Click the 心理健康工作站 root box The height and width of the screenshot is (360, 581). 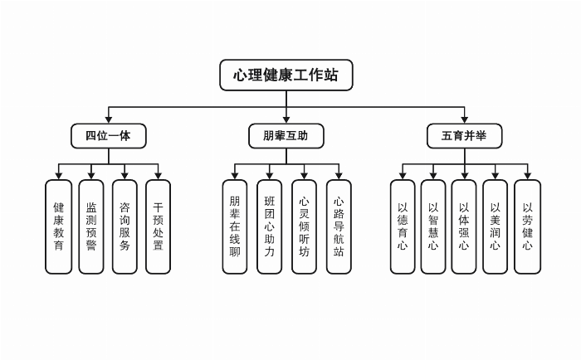coord(286,75)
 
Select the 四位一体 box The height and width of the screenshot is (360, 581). coord(109,135)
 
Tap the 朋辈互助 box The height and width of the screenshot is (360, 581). coord(286,135)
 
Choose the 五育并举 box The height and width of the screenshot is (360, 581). coord(464,135)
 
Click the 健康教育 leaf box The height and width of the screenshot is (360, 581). coord(59,226)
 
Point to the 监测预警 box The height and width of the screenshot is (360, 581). coord(91,226)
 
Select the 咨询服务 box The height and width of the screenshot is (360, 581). coord(124,226)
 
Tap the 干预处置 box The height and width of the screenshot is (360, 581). coord(158,226)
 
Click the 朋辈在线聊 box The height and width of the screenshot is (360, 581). coord(235,226)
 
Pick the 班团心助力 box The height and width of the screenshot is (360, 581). coord(269,226)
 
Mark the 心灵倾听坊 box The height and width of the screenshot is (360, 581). coord(304,226)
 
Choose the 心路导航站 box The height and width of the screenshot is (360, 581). coord(339,226)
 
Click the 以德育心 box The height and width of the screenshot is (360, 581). coord(403,226)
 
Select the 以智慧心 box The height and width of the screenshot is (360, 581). coord(433,226)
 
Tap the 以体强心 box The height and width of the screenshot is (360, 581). coord(464,226)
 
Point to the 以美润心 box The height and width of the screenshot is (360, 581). coord(496,226)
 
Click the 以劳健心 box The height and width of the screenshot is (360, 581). coord(527,226)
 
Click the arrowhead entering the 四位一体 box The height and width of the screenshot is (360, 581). coord(109,119)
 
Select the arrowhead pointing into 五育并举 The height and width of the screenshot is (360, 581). coord(464,119)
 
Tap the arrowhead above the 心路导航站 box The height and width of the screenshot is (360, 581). coord(339,175)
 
